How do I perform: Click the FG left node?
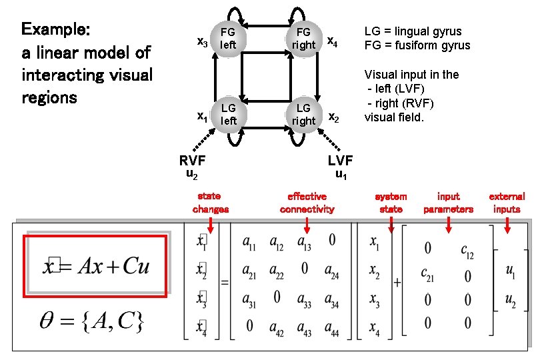tap(227, 39)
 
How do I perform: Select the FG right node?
tap(303, 39)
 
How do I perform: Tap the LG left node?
tap(228, 114)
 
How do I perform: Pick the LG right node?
tap(303, 114)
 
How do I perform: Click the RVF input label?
tap(191, 160)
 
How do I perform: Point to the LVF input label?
tap(340, 160)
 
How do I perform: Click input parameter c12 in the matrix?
tap(467, 250)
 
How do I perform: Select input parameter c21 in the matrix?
tap(427, 273)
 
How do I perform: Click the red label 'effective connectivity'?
tap(307, 203)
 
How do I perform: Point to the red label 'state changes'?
tap(210, 203)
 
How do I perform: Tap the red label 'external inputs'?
tap(507, 203)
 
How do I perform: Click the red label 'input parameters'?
tap(448, 203)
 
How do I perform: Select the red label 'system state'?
tap(391, 203)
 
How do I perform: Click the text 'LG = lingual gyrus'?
tap(412, 31)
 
